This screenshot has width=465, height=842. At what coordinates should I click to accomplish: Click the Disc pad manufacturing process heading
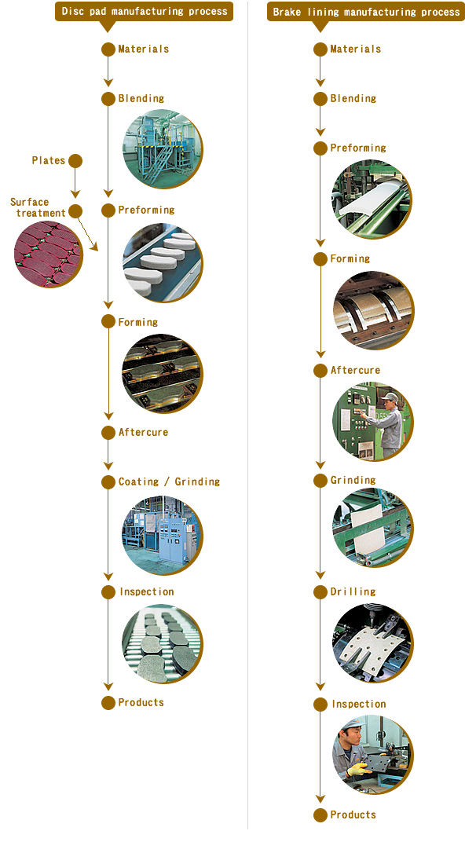pos(144,11)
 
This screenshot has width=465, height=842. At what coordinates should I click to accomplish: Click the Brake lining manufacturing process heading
pos(366,12)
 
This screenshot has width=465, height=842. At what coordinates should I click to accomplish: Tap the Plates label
pos(49,160)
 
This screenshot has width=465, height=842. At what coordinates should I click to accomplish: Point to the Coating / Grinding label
pos(169,481)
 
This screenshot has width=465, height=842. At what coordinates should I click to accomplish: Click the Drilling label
pos(353,591)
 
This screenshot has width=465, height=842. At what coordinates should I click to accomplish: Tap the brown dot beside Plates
pos(75,160)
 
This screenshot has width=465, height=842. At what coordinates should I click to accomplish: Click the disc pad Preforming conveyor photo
pos(163,262)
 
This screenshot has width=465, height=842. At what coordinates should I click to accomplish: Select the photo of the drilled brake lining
pos(372,642)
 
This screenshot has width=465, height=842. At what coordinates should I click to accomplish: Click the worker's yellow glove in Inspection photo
pos(357,771)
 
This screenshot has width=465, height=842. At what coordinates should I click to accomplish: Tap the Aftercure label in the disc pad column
pos(144,432)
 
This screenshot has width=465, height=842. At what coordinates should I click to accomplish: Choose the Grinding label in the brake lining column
pos(353,480)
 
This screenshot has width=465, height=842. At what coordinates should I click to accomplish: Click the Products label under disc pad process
pos(141,702)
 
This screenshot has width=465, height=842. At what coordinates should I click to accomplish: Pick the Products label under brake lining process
pos(353,815)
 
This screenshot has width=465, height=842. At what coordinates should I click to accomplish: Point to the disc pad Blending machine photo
pos(163,149)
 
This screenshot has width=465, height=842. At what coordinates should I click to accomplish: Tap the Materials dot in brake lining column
pos(320,49)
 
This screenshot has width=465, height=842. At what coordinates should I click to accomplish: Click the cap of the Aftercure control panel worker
pos(390,397)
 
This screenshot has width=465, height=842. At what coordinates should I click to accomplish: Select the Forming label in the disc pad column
pos(138,322)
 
